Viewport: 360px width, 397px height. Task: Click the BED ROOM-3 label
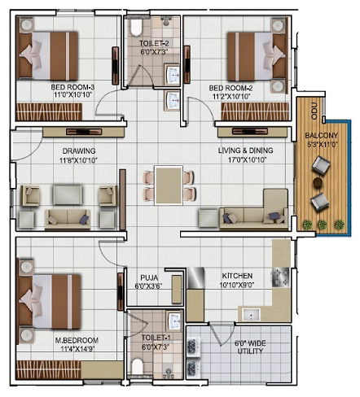tap(72, 87)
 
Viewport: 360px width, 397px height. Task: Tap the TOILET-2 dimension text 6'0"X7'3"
tap(154, 51)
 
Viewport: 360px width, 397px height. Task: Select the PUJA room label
tap(149, 277)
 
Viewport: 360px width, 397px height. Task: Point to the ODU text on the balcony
tap(314, 111)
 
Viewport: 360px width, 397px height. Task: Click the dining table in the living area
tap(169, 185)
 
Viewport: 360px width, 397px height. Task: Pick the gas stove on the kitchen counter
tap(280, 277)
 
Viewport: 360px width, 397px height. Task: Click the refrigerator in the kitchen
tap(195, 277)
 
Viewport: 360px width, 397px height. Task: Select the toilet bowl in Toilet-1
tap(138, 366)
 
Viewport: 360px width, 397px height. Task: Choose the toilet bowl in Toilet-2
tap(136, 27)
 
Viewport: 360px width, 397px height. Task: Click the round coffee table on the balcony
tap(318, 182)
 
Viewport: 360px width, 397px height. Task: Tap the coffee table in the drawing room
tap(68, 194)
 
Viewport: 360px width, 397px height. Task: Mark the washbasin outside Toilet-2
tap(172, 100)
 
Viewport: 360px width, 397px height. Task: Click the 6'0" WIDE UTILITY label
tap(250, 347)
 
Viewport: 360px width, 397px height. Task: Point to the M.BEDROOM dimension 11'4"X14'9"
tap(79, 349)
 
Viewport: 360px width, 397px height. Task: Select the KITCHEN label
tap(237, 276)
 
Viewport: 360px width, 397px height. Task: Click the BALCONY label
tap(321, 135)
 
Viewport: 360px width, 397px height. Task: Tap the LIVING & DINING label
tap(246, 151)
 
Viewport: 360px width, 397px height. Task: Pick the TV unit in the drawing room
tap(84, 132)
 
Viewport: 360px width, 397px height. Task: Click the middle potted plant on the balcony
tap(322, 225)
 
